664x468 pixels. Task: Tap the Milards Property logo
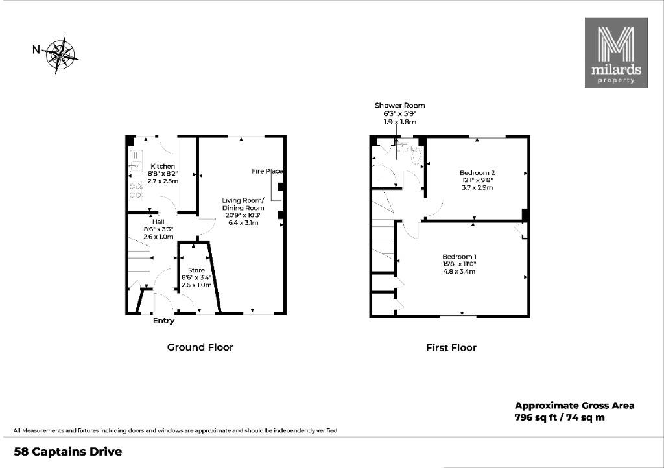(x=616, y=53)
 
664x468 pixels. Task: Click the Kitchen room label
(x=163, y=167)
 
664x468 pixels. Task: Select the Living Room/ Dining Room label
(x=244, y=204)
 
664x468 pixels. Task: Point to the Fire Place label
(x=267, y=171)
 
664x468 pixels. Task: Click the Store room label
(x=196, y=270)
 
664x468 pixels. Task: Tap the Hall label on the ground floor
(x=158, y=222)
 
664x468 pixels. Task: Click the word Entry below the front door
(x=163, y=321)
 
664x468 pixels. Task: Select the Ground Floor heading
(x=200, y=347)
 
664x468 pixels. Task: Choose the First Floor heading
(x=451, y=348)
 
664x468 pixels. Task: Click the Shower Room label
(x=399, y=106)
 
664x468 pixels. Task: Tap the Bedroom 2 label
(x=477, y=172)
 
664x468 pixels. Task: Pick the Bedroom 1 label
(x=460, y=257)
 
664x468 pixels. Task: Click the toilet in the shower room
(x=416, y=154)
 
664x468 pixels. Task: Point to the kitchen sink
(x=136, y=161)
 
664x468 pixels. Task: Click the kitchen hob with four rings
(x=136, y=191)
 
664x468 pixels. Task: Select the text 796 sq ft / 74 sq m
(x=560, y=417)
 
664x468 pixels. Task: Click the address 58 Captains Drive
(x=68, y=452)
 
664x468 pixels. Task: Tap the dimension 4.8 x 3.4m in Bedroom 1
(x=460, y=271)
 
